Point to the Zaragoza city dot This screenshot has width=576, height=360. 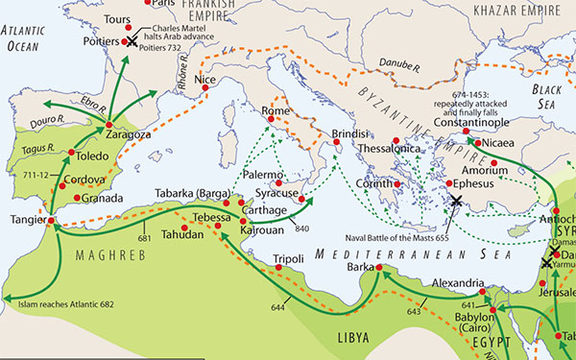pos(110,125)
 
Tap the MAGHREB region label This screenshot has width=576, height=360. pos(104,256)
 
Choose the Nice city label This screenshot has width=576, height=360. pos(204,81)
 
